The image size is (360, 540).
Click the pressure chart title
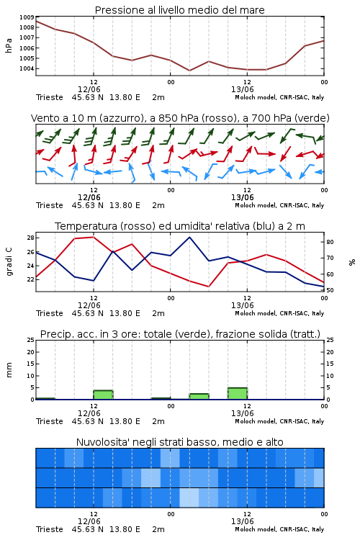(x=179, y=10)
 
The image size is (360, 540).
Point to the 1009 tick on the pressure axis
(x=27, y=17)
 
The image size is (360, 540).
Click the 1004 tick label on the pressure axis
(x=27, y=68)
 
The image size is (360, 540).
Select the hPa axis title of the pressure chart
(x=9, y=45)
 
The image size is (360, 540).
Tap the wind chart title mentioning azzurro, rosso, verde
(x=180, y=118)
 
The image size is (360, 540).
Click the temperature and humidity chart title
(x=180, y=226)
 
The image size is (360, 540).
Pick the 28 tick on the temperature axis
(x=30, y=238)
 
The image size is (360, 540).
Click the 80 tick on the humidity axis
(x=330, y=242)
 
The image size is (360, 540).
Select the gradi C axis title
(x=9, y=262)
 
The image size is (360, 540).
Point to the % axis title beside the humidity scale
(x=352, y=262)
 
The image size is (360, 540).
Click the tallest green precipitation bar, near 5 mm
(x=238, y=394)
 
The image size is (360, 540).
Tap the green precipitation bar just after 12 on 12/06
(x=104, y=395)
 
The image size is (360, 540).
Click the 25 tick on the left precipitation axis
(x=31, y=340)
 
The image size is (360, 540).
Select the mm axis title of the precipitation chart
(x=9, y=370)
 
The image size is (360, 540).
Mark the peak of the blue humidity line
(x=189, y=237)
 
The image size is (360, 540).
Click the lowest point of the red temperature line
(x=209, y=287)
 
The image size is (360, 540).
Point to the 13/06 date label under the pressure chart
(x=242, y=89)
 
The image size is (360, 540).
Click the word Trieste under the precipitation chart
(x=50, y=421)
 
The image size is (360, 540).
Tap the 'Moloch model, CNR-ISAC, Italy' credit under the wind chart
(x=279, y=205)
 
